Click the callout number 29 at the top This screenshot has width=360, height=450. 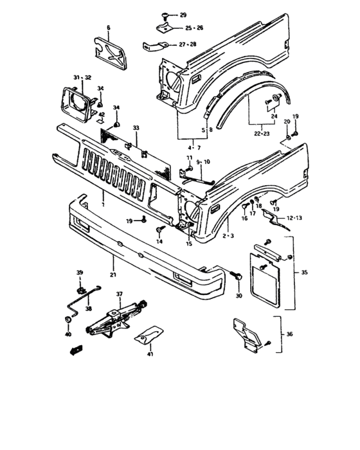(183, 14)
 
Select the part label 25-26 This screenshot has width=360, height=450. (194, 28)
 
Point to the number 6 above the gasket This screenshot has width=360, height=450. (108, 28)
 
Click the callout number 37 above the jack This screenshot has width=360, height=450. (120, 294)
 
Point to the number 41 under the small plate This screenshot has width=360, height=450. (149, 354)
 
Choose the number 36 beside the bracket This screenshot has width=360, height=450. (289, 334)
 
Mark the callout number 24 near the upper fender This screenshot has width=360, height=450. (274, 108)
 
